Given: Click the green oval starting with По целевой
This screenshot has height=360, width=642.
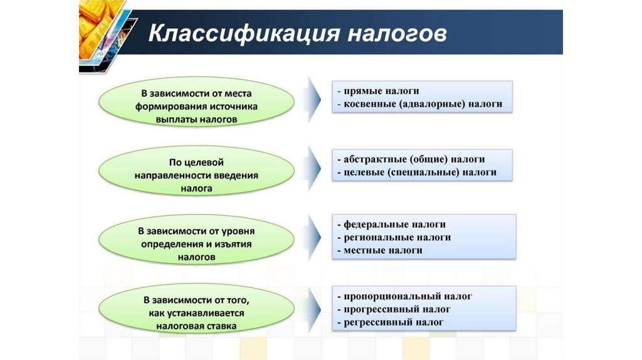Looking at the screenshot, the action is (x=196, y=169).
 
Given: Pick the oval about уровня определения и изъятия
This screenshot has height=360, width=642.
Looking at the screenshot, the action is (x=196, y=238).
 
